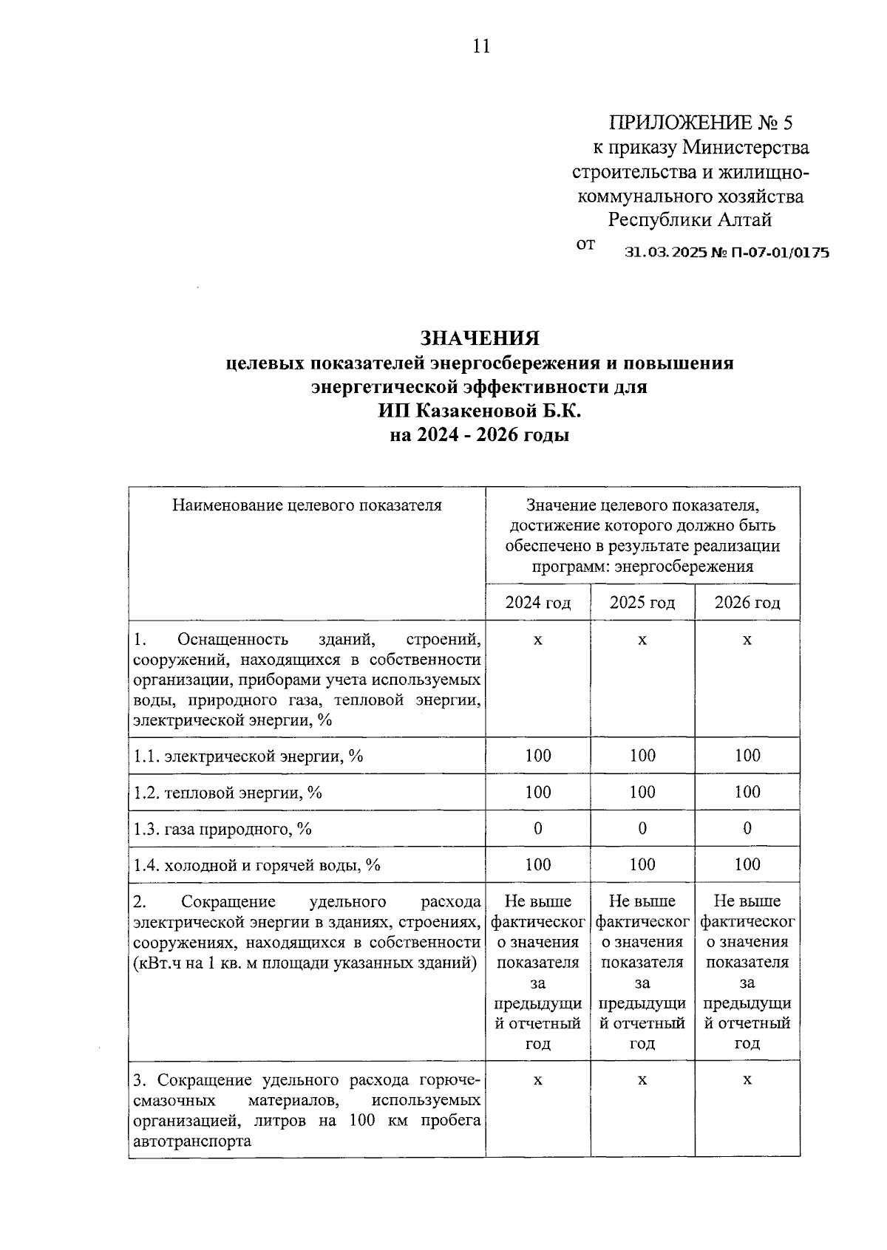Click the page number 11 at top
pos(480,47)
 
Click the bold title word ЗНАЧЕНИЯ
pos(480,338)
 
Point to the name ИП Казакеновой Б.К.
pos(480,411)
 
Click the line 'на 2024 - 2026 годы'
pos(480,435)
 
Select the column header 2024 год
pos(538,603)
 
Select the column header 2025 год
pos(642,603)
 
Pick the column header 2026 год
pos(747,603)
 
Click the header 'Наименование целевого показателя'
pos(307,505)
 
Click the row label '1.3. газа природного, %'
pos(222,829)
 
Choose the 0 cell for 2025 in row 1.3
pos(642,828)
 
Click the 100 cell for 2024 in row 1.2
pos(538,792)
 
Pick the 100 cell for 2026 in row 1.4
pos(747,864)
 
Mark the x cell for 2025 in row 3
pos(642,1080)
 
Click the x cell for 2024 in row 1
pos(538,639)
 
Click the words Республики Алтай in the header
pos(690,220)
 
